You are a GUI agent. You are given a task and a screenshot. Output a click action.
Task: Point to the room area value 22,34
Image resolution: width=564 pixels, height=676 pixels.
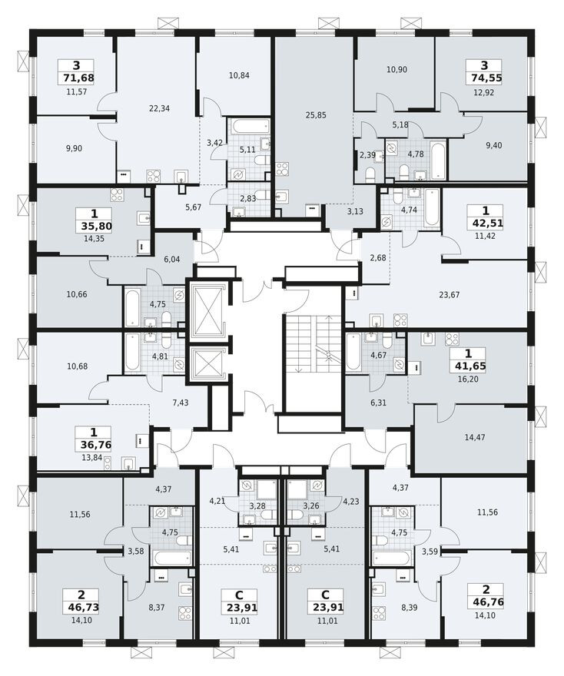159,108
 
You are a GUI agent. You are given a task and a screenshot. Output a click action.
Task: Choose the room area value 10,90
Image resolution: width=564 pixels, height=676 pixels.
396,69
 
